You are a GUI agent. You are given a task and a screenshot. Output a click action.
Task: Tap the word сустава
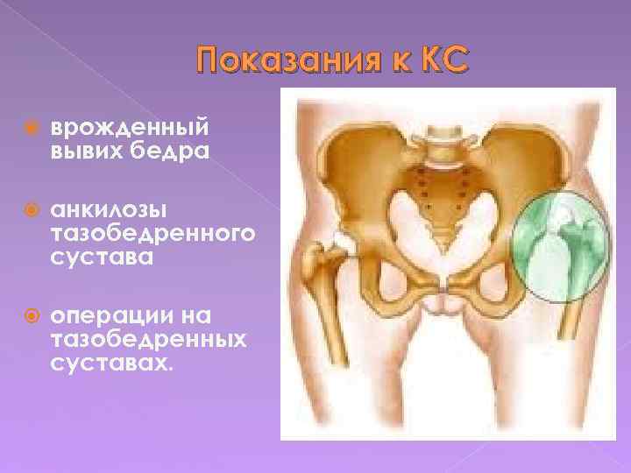tap(102, 258)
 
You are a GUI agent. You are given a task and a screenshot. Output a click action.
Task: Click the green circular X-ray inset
tap(560, 244)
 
